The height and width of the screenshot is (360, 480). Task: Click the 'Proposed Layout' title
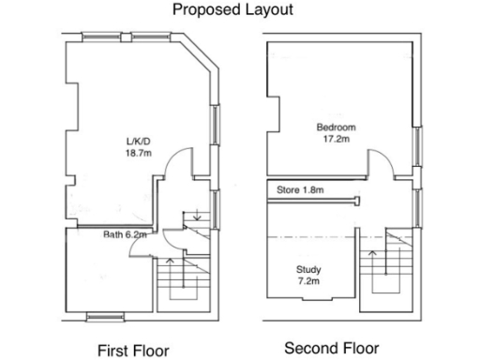click(232, 10)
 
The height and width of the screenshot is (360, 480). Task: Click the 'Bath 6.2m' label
click(125, 236)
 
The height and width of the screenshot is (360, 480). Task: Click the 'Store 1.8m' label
click(300, 190)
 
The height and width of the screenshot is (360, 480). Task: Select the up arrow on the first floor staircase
click(170, 263)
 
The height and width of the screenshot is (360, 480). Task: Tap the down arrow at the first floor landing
click(196, 218)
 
